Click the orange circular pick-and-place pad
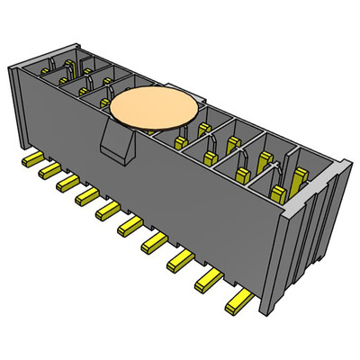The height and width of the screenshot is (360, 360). [153, 109]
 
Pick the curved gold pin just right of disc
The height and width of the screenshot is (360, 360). [209, 144]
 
